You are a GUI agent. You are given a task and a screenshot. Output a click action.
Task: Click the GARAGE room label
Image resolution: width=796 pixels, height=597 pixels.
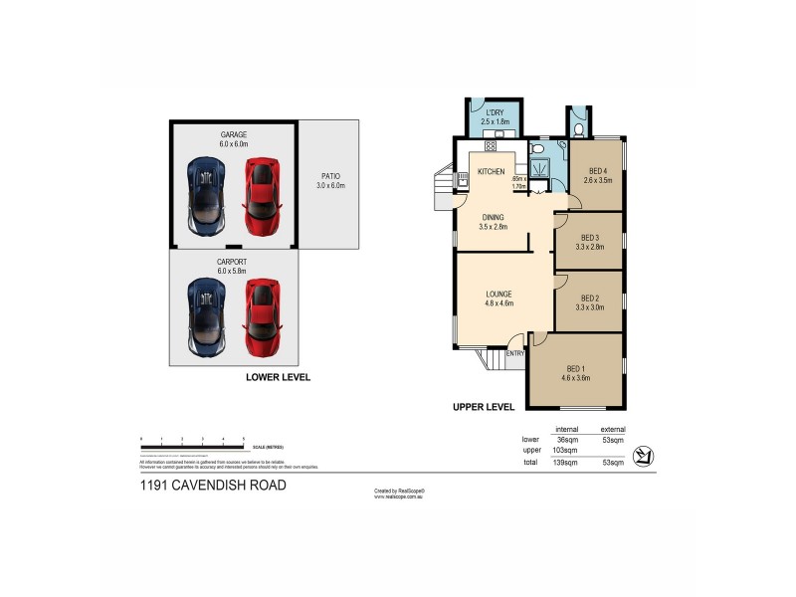(x=234, y=134)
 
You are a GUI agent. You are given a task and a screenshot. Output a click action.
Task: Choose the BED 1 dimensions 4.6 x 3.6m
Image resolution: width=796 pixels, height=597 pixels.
(x=576, y=378)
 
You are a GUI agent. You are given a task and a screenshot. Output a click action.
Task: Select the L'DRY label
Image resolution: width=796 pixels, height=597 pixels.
(x=495, y=112)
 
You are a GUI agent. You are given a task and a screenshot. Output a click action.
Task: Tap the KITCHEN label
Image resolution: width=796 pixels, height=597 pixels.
(x=492, y=172)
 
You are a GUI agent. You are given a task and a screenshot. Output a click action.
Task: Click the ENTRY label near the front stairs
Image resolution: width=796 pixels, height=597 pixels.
(x=515, y=353)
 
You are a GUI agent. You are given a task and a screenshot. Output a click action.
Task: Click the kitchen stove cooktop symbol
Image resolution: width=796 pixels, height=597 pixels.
(x=463, y=180)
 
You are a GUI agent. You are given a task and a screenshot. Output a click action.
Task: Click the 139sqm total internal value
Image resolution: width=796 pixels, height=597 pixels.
(x=567, y=463)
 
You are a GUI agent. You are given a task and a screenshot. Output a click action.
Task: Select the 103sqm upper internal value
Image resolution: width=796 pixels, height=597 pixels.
(x=566, y=450)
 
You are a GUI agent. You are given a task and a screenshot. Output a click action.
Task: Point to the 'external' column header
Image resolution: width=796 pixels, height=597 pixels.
(x=613, y=428)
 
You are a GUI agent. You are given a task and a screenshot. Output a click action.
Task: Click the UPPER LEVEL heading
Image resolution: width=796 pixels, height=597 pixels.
(x=483, y=407)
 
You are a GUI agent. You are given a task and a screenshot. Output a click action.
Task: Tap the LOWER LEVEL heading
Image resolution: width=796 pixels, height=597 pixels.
(x=279, y=377)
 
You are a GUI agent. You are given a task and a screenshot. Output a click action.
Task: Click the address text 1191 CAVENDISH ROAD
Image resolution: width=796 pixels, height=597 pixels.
(x=213, y=486)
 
